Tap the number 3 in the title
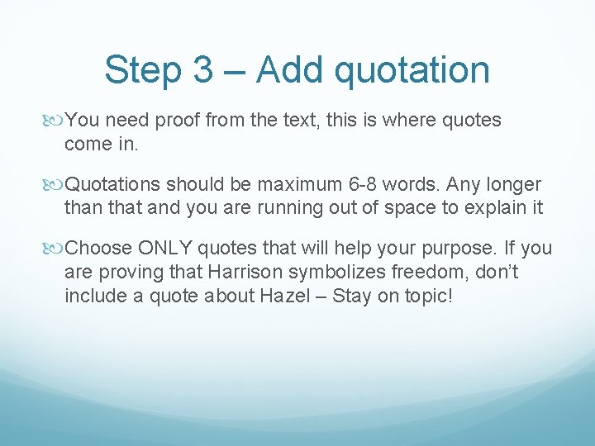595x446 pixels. (x=203, y=69)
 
